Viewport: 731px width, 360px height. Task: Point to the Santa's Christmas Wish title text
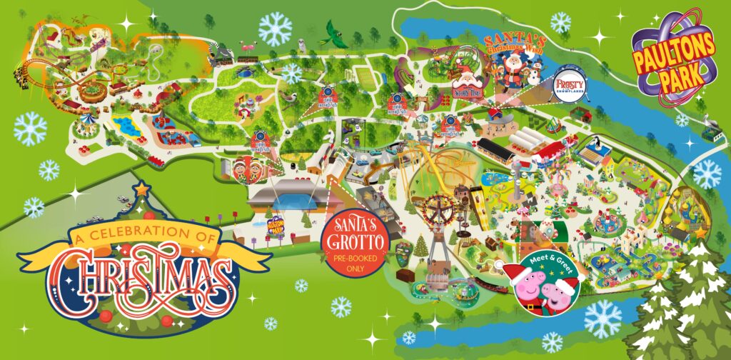(x=513, y=44)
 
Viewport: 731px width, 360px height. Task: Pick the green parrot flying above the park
(x=336, y=33)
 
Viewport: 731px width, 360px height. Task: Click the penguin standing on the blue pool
(x=245, y=74)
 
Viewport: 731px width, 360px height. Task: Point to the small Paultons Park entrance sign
(x=276, y=229)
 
